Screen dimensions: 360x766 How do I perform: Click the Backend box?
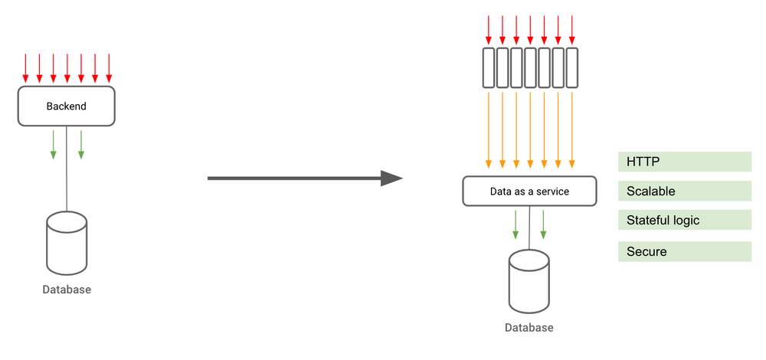click(x=67, y=106)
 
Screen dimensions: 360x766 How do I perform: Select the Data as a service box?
click(x=529, y=191)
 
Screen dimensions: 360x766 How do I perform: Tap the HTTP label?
click(x=684, y=162)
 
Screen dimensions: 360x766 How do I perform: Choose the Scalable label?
click(x=684, y=191)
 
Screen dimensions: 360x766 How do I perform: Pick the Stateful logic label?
click(x=684, y=221)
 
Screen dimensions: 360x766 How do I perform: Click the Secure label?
click(x=684, y=251)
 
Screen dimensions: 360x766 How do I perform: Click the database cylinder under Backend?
click(x=67, y=243)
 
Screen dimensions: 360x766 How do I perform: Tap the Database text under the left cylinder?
click(x=67, y=290)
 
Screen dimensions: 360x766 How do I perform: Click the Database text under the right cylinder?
click(x=529, y=328)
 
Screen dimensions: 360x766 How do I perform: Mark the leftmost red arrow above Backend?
click(x=25, y=68)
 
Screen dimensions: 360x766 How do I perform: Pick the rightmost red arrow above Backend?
click(x=109, y=68)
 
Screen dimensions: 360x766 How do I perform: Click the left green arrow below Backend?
click(x=53, y=144)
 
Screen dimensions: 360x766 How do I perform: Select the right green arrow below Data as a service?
click(x=543, y=223)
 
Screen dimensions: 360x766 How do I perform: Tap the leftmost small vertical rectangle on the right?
click(x=488, y=67)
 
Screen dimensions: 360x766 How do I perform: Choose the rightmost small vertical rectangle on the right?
click(x=571, y=67)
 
